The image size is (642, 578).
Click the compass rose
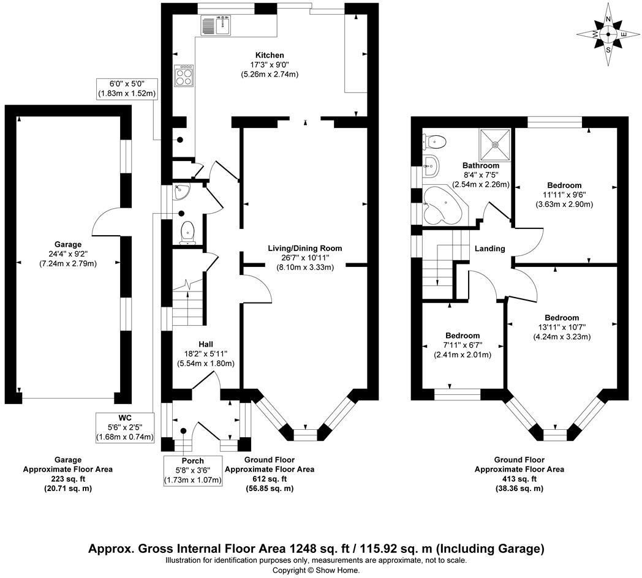tap(608, 34)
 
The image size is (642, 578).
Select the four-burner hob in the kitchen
tap(184, 76)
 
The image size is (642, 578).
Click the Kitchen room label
tap(270, 55)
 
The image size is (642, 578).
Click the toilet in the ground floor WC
tap(188, 232)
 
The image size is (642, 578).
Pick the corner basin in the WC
tap(182, 192)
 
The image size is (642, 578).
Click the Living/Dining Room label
tap(304, 248)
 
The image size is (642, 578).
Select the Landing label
tap(490, 249)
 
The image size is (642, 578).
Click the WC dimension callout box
tap(125, 427)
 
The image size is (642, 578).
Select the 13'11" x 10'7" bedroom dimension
tap(562, 328)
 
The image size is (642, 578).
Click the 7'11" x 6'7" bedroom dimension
tap(463, 345)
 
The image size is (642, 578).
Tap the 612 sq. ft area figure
tap(270, 479)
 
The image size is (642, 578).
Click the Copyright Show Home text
tap(316, 569)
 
